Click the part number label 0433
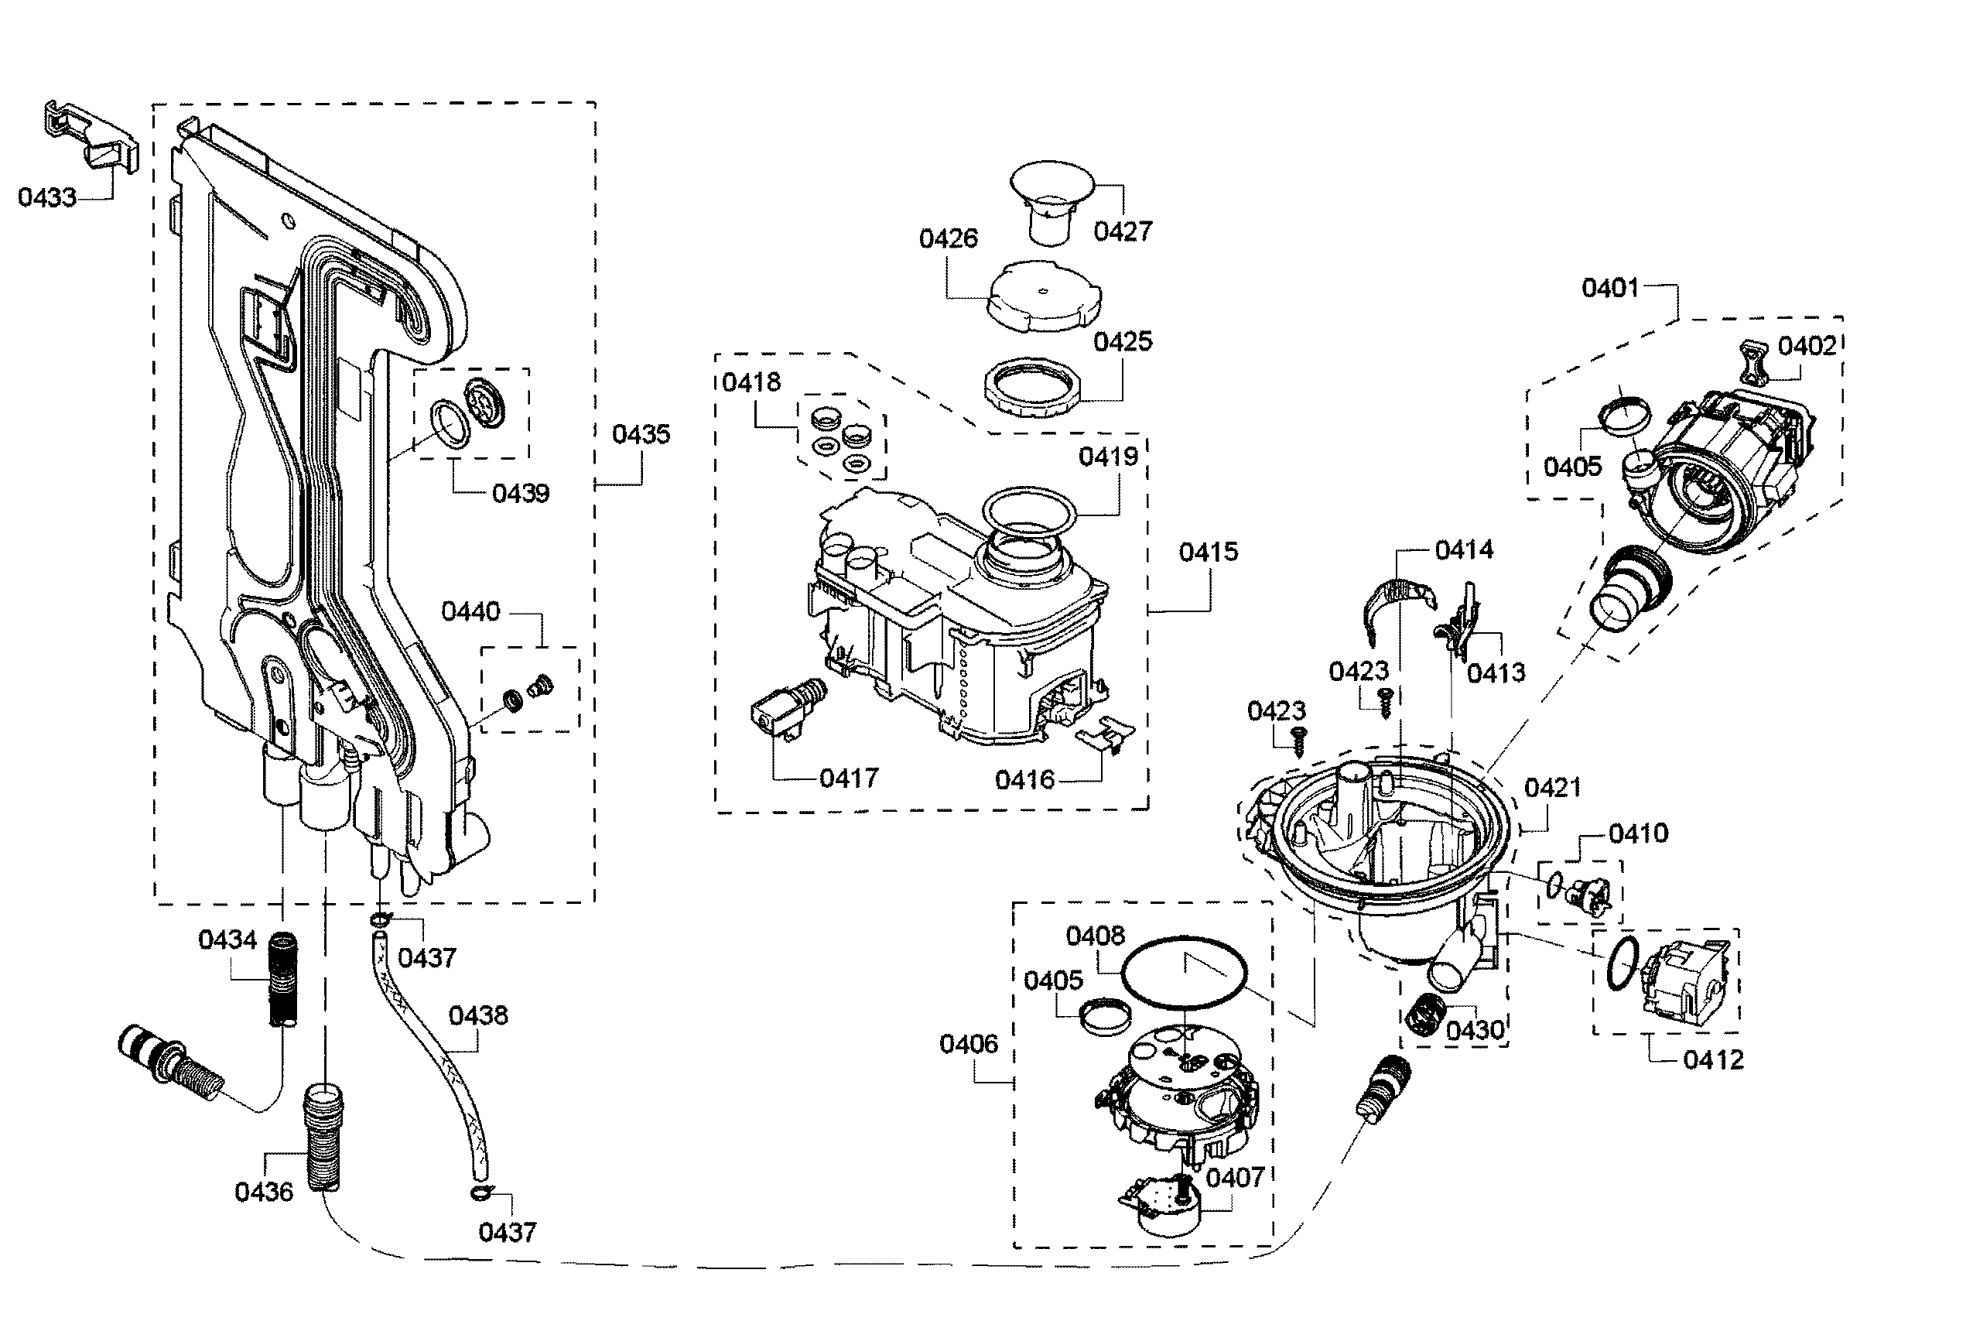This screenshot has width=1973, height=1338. pos(47,197)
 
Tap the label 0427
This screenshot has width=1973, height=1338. pos(1123,231)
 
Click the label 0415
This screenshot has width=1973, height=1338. pos(1208,552)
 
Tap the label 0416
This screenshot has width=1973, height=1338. pos(1024,779)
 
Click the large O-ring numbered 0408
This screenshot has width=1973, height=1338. pos(1185,972)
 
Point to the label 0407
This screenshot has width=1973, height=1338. pos(1235,1177)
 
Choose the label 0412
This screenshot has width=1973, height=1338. pos(1713,1059)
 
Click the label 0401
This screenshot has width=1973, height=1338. pos(1610,288)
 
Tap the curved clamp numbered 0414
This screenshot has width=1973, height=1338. pos(1398,606)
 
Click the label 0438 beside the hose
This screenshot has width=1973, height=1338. pos(478,1015)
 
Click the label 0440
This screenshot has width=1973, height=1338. pos(470,611)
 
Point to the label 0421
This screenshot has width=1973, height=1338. pos(1553,788)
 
